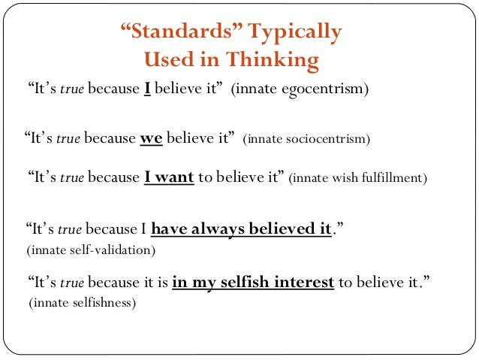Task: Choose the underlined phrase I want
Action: (x=169, y=178)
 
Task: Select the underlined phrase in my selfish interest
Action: (x=253, y=283)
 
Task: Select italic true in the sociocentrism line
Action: (x=68, y=138)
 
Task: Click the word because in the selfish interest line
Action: (x=114, y=283)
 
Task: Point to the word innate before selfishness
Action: (x=50, y=304)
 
